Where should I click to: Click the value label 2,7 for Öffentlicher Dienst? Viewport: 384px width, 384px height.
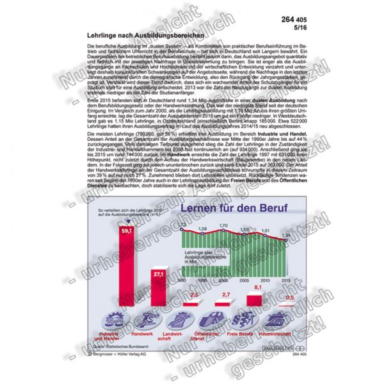(x=225, y=294)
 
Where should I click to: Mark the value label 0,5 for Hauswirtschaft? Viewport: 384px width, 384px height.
(x=289, y=298)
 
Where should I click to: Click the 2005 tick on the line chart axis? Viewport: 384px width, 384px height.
(x=244, y=281)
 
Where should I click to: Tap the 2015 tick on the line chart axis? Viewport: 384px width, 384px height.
(x=285, y=281)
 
